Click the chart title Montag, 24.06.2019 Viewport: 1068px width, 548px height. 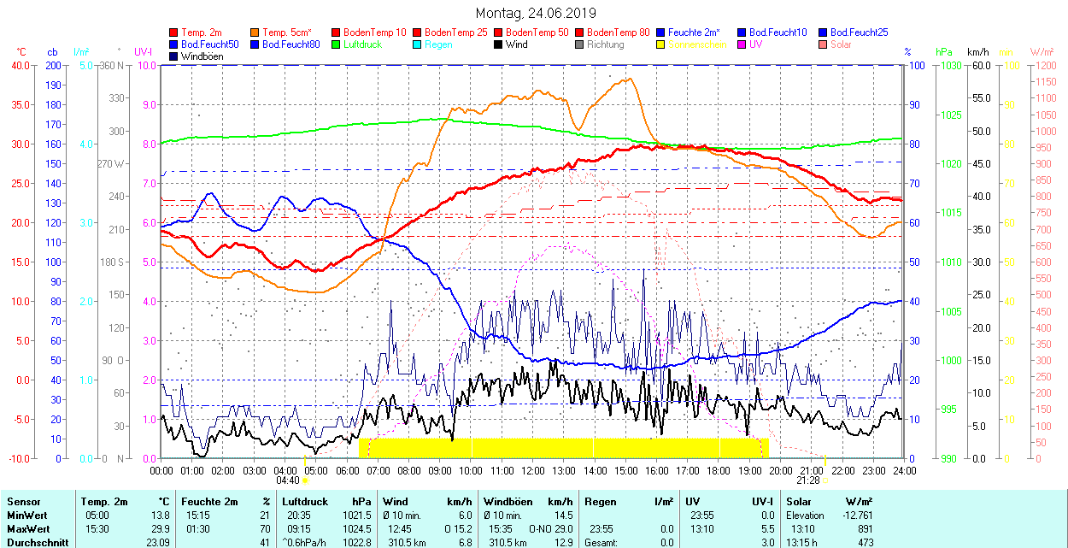coord(535,13)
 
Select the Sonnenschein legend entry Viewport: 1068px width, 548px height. coord(697,44)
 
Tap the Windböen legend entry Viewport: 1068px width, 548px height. coord(202,56)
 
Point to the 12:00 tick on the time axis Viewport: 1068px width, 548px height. coord(532,470)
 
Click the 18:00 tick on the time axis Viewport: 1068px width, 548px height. coord(719,470)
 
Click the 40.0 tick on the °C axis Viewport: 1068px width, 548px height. coord(20,65)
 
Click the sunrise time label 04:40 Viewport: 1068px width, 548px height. coord(287,480)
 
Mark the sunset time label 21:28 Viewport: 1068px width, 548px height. coord(811,480)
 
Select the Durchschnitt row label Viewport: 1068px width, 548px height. coord(36,542)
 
